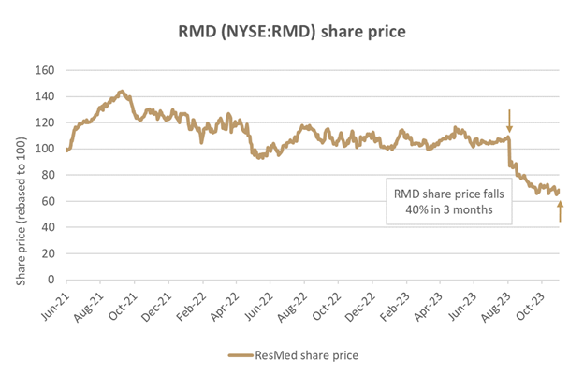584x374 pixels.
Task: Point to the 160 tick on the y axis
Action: coord(44,70)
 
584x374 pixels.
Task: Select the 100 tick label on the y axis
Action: coord(44,149)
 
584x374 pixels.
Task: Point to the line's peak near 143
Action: coord(121,92)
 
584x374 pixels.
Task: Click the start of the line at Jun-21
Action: coord(66,149)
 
